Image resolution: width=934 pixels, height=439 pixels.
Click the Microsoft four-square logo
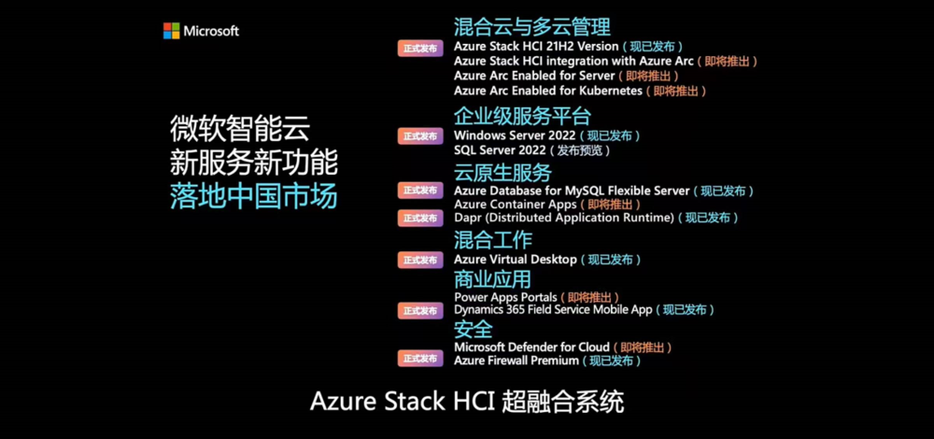(x=171, y=31)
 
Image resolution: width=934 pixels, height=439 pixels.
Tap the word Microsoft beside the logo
(x=211, y=32)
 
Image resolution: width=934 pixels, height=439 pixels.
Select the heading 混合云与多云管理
(x=532, y=27)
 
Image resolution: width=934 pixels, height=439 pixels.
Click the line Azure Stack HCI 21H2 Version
(x=536, y=47)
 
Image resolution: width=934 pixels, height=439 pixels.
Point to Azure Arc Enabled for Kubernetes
(x=548, y=92)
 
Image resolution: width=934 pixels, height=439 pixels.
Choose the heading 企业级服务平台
(x=522, y=116)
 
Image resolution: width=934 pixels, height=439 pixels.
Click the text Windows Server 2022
(x=515, y=135)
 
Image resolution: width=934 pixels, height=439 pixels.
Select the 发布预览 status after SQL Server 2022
(x=583, y=150)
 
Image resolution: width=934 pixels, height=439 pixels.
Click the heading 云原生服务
(x=502, y=173)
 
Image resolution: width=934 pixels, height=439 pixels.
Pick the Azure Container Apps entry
(x=516, y=205)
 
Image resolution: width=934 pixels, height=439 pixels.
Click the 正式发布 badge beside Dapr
(x=420, y=218)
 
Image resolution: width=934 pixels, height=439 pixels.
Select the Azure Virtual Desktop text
(x=516, y=260)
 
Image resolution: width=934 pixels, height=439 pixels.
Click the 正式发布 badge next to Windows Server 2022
(x=420, y=135)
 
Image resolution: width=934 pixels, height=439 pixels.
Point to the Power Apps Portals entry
(x=505, y=297)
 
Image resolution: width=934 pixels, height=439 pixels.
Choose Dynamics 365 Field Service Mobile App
(x=553, y=310)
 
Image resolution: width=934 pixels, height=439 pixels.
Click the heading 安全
(x=473, y=329)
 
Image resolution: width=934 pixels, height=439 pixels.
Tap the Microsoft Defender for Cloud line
(x=532, y=347)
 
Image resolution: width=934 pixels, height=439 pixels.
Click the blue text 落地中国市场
(x=254, y=196)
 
